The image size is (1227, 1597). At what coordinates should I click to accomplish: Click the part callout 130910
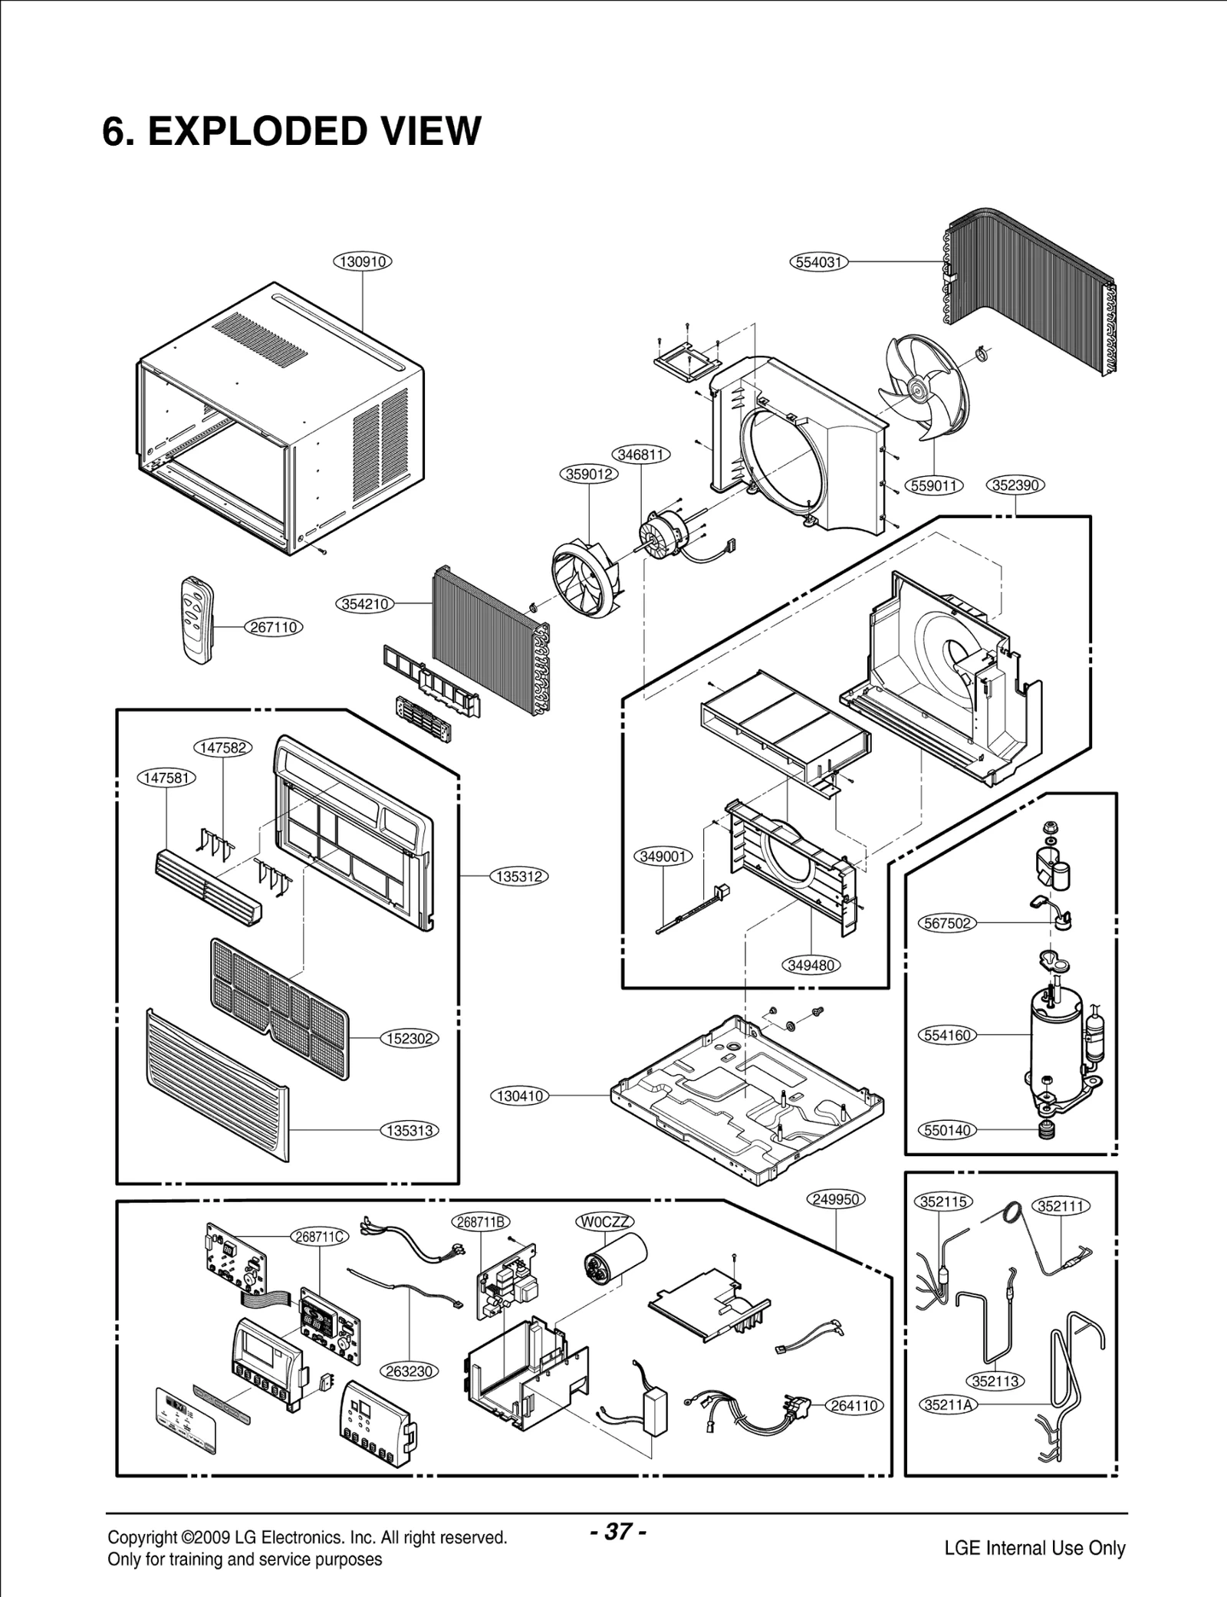[362, 261]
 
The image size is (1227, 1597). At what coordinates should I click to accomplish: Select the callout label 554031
[818, 262]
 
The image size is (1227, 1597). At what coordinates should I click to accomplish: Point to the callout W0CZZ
[605, 1222]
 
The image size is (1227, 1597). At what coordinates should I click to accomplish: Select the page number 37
[618, 1511]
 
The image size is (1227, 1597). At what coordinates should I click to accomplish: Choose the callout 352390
[1015, 485]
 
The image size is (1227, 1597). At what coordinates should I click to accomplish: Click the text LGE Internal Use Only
[1035, 1526]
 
